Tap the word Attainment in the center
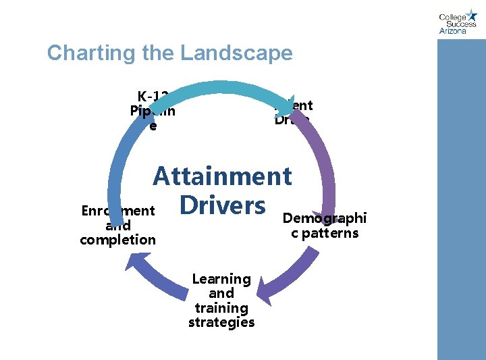222,176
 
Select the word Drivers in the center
222,205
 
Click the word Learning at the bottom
221,279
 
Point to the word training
221,307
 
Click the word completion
117,240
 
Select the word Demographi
324,218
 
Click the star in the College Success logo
471,15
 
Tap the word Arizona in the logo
452,30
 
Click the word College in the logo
452,18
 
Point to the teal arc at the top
223,88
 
